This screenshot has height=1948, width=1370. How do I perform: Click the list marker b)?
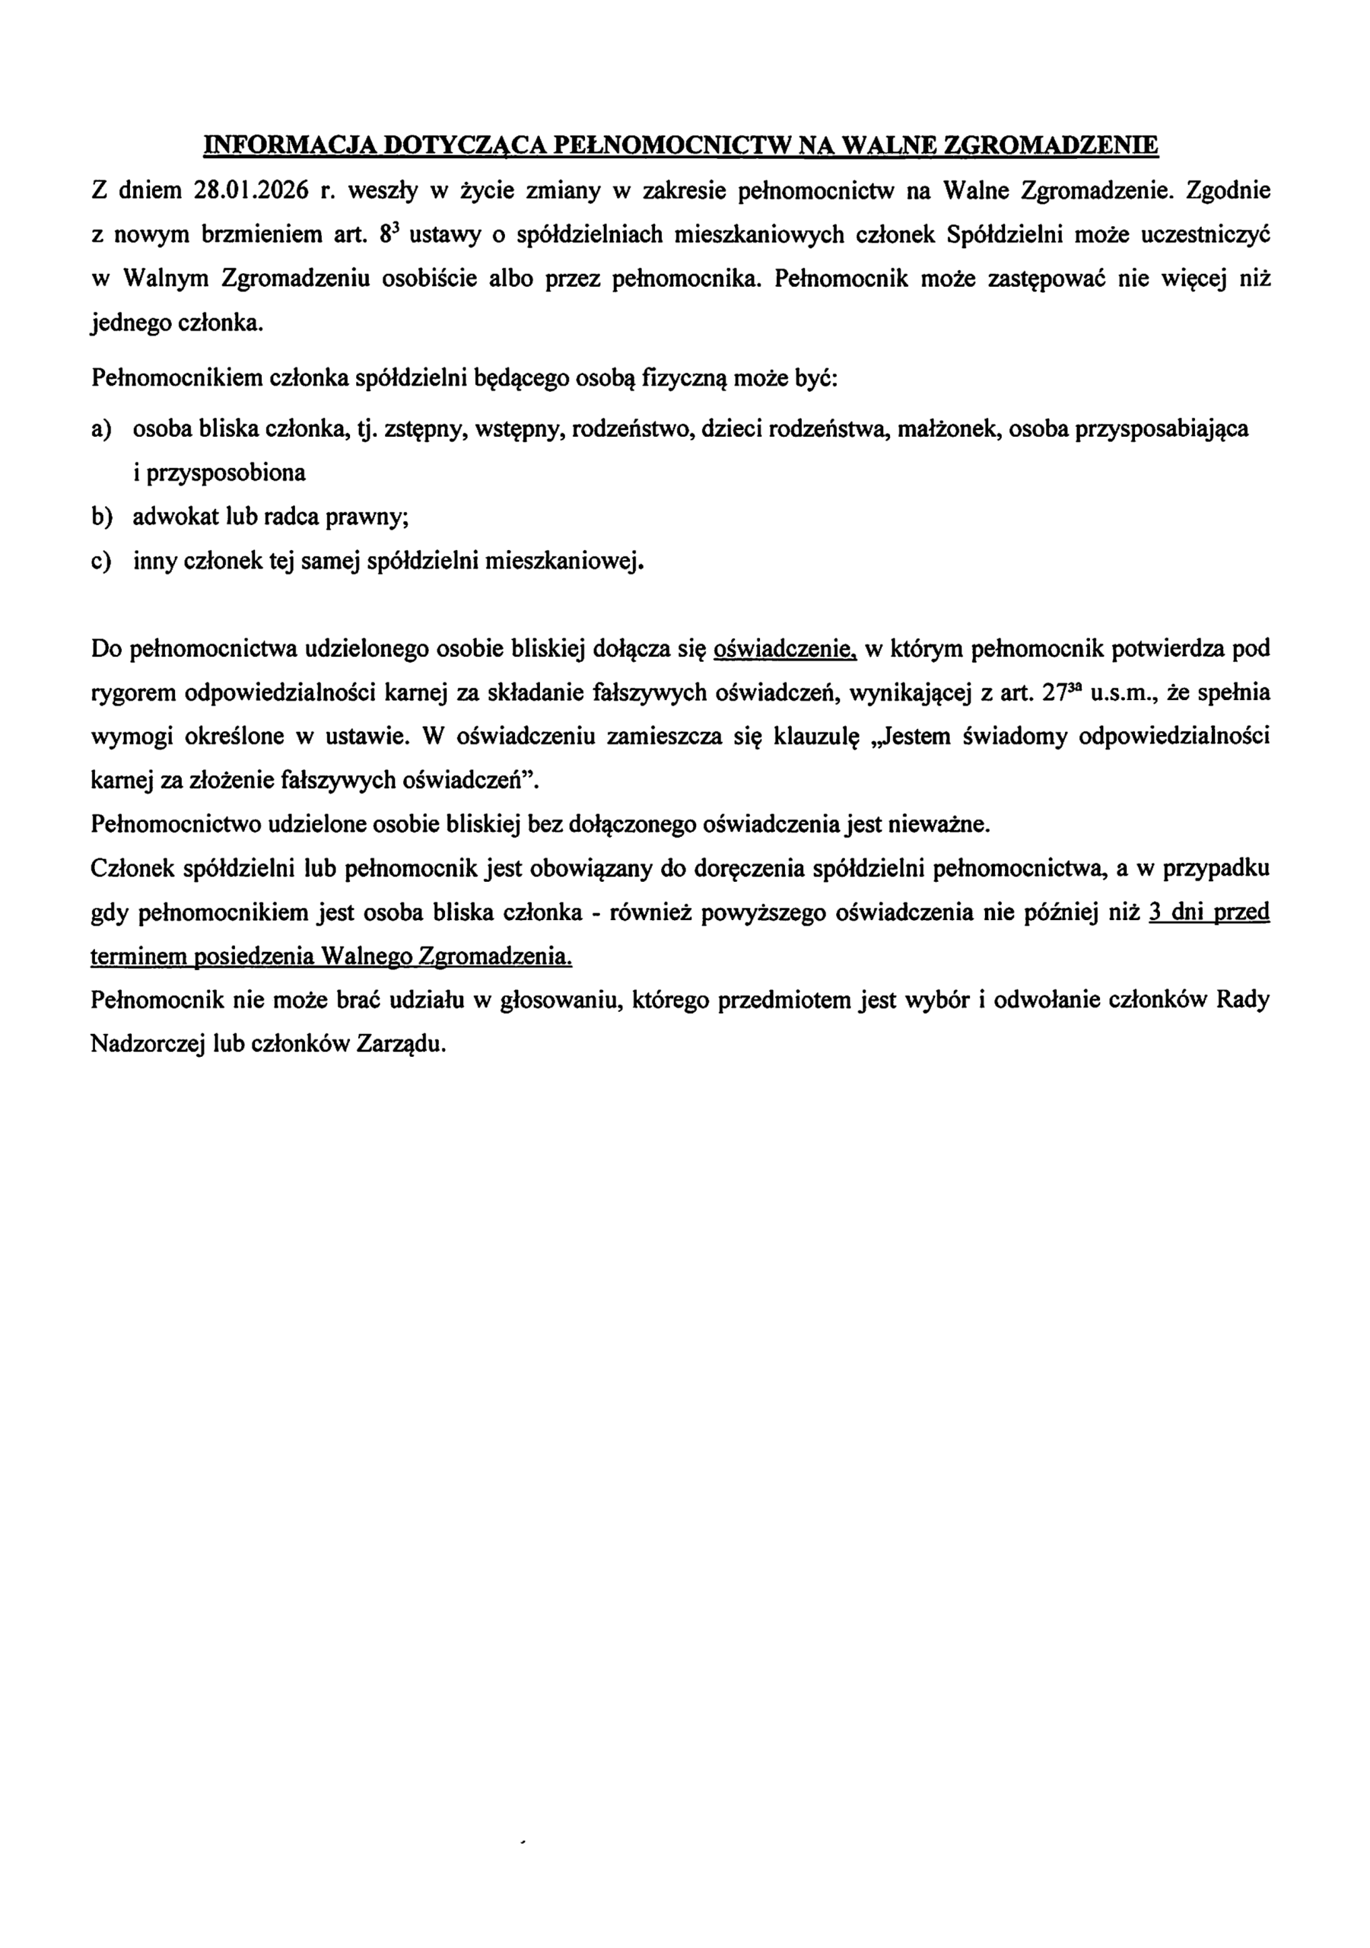[x=101, y=517]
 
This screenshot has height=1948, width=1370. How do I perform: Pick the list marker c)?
[x=100, y=561]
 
